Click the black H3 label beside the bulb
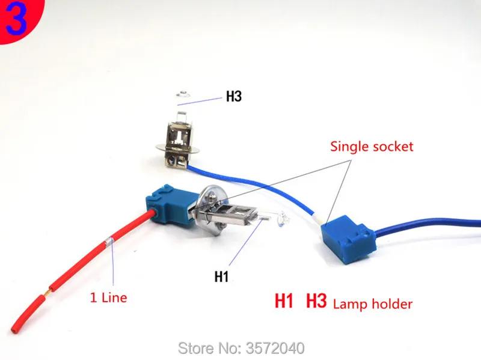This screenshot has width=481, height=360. click(x=234, y=96)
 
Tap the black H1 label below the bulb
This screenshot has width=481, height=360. click(x=221, y=276)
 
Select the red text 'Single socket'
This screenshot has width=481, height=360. click(x=372, y=147)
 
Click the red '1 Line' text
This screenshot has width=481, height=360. click(x=108, y=297)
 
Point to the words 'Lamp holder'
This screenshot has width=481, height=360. click(x=373, y=304)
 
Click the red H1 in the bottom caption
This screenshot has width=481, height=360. click(x=284, y=301)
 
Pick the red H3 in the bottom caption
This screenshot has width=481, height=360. click(x=316, y=301)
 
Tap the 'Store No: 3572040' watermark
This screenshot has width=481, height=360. click(x=241, y=349)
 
